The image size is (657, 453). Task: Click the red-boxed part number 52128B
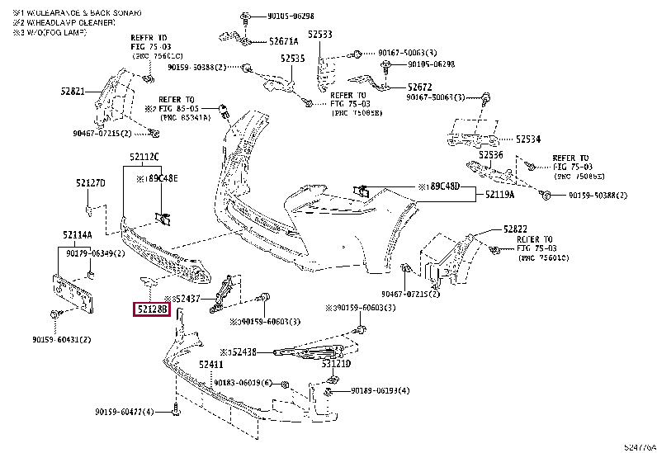[x=152, y=310]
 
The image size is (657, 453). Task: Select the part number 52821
[x=73, y=92]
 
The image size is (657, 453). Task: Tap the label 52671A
[x=284, y=40]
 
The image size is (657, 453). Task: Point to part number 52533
[x=320, y=35]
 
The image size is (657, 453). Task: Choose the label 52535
[x=292, y=59]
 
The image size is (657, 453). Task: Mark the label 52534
[x=528, y=139]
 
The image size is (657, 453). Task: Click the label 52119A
[x=499, y=195]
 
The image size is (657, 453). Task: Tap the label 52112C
[x=144, y=157]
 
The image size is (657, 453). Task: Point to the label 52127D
[x=91, y=183]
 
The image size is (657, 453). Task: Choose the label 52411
[x=211, y=364]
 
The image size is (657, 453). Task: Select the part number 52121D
[x=337, y=363]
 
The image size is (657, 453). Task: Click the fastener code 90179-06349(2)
[x=96, y=253]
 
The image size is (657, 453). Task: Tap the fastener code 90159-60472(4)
[x=125, y=411]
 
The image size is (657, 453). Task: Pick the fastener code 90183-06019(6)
[x=243, y=383]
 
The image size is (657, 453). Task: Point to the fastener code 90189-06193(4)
[x=380, y=390]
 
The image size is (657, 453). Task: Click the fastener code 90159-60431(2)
[x=62, y=339]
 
